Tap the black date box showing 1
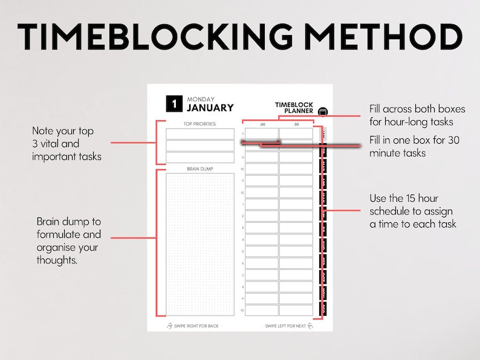[174, 104]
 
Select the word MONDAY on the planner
[201, 99]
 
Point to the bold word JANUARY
[210, 108]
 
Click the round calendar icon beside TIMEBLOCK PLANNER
[322, 111]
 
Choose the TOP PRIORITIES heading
[199, 124]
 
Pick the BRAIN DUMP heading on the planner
[199, 169]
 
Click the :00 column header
[262, 124]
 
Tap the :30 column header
[296, 124]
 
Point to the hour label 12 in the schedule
[242, 192]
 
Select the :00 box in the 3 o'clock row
[262, 228]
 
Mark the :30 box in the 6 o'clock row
[296, 263]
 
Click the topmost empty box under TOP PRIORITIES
[199, 133]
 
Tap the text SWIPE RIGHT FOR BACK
[196, 326]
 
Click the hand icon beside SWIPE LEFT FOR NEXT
[310, 326]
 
